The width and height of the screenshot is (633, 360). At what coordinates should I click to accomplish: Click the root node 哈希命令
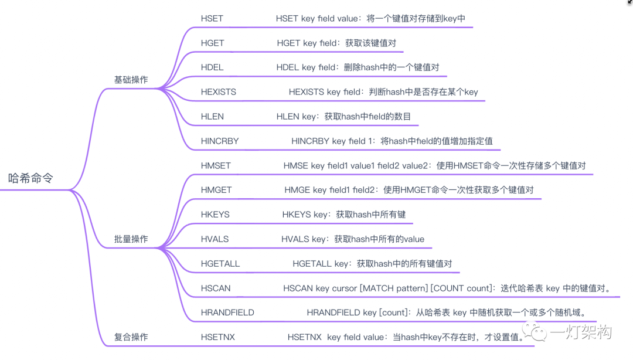tap(30, 178)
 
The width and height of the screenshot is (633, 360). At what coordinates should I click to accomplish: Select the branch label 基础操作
tap(131, 80)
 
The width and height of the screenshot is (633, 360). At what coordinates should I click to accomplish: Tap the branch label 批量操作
tap(131, 239)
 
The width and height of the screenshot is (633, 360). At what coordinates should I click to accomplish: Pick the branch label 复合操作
tap(131, 337)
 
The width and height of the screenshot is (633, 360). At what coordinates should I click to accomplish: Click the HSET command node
tap(212, 19)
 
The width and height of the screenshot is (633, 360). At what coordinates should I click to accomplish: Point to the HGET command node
tap(212, 43)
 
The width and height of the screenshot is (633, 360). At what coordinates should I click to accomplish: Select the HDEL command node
tap(212, 67)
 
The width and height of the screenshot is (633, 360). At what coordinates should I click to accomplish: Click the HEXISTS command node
tap(219, 92)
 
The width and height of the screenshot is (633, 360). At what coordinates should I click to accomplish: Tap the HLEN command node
tap(212, 117)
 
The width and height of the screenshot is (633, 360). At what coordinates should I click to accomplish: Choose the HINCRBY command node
tap(220, 141)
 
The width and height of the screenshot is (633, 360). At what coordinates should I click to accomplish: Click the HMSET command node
tap(216, 166)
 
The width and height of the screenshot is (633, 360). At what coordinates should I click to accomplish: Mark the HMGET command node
tap(216, 190)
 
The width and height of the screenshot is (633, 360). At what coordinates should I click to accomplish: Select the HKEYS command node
tap(215, 215)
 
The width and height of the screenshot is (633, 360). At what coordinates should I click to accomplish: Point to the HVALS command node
tap(215, 239)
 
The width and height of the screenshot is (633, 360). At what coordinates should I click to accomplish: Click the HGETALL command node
tap(220, 264)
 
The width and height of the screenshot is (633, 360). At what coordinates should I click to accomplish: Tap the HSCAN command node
tap(216, 288)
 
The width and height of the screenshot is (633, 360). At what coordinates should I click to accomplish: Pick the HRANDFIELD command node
tap(227, 313)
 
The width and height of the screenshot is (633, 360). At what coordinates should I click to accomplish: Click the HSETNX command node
tap(217, 337)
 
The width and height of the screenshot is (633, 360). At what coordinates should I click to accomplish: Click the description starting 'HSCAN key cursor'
tap(447, 288)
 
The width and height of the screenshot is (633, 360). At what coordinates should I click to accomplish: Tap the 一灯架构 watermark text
tap(581, 332)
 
